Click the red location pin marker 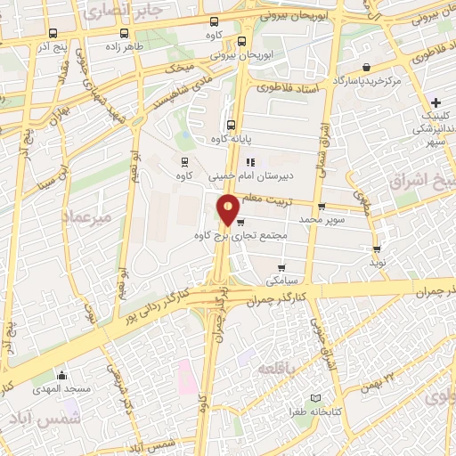click(x=229, y=208)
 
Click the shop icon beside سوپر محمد click(x=321, y=207)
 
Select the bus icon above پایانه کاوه click(x=232, y=125)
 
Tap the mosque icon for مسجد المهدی click(x=61, y=375)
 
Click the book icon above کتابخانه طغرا click(x=314, y=398)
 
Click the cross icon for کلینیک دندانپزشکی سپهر click(x=435, y=102)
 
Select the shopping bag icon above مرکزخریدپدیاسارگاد click(x=368, y=66)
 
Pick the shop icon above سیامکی click(x=282, y=267)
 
